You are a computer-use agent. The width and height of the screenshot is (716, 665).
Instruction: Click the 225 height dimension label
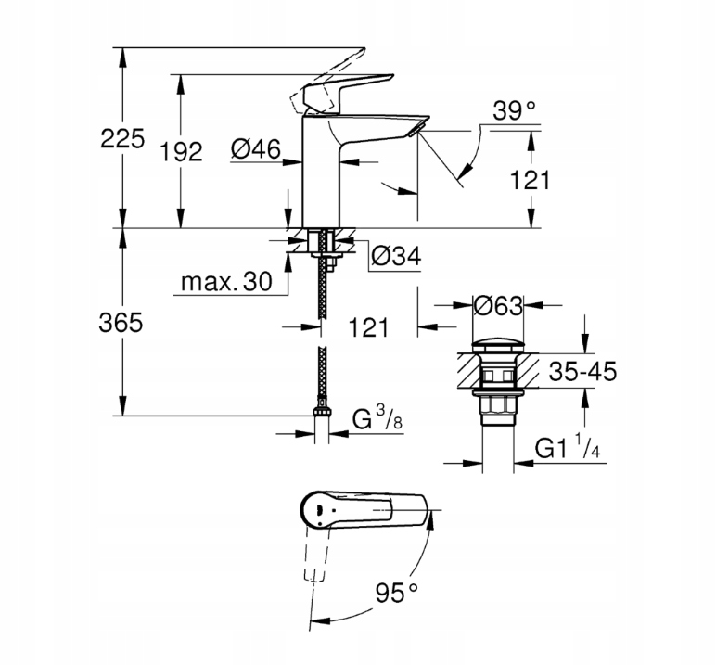pyautogui.click(x=123, y=139)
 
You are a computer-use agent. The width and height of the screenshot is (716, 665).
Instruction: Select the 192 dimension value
pyautogui.click(x=181, y=152)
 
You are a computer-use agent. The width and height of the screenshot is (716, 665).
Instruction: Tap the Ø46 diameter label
pyautogui.click(x=255, y=149)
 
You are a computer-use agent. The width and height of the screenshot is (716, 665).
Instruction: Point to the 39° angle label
pyautogui.click(x=515, y=112)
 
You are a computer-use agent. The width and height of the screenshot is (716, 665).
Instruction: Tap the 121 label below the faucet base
pyautogui.click(x=367, y=326)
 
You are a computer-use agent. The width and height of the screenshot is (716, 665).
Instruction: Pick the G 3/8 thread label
pyautogui.click(x=376, y=422)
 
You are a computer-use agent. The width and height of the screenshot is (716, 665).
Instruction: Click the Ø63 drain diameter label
pyautogui.click(x=499, y=305)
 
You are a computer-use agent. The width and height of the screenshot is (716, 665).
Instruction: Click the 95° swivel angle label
pyautogui.click(x=397, y=590)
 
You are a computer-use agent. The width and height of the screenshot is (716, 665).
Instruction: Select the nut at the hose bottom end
pyautogui.click(x=322, y=411)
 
